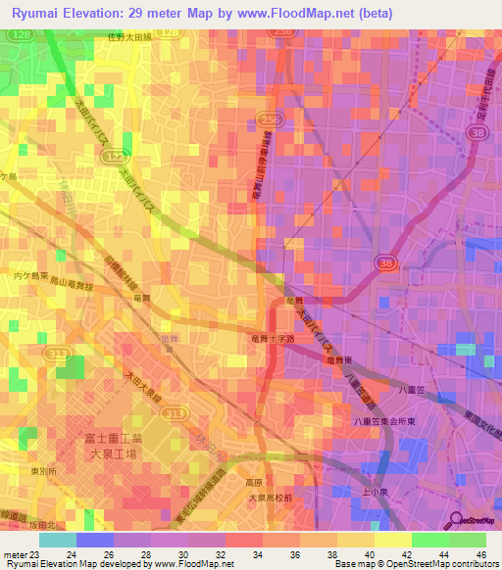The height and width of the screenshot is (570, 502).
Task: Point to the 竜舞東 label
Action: (x=341, y=360)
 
